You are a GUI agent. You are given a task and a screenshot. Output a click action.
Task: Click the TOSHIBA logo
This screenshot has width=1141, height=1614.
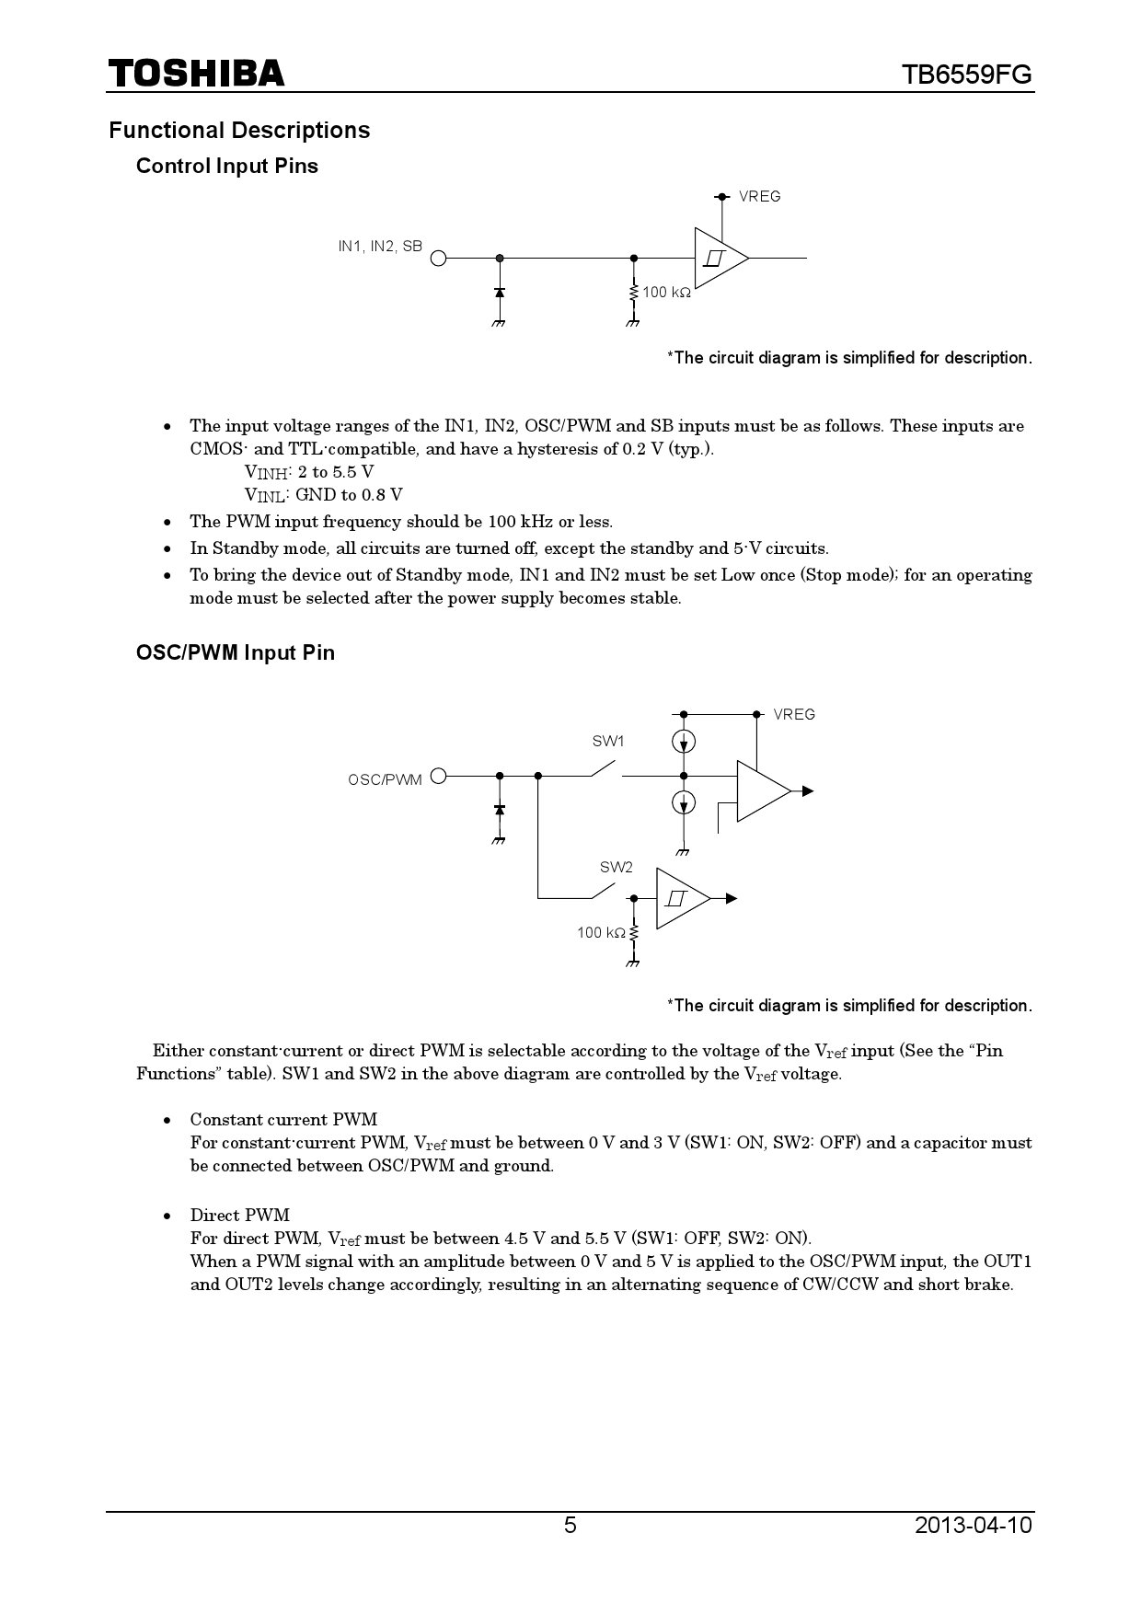pyautogui.click(x=196, y=73)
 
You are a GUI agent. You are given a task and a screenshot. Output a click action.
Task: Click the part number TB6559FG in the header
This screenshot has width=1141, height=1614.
pyautogui.click(x=967, y=75)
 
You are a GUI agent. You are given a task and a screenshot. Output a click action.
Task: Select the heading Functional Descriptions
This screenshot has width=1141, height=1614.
pyautogui.click(x=239, y=131)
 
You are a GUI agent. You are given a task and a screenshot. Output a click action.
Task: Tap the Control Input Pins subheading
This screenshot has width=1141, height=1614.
pyautogui.click(x=226, y=167)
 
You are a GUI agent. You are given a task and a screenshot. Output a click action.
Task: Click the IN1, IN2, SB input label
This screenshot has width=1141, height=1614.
pyautogui.click(x=380, y=247)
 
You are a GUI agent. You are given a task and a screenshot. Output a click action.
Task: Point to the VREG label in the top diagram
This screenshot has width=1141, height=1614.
pyautogui.click(x=759, y=197)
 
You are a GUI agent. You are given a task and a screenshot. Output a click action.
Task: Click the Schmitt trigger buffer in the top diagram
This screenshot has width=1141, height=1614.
pyautogui.click(x=720, y=259)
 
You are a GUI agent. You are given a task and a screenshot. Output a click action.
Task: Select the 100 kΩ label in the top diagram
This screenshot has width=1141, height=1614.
pyautogui.click(x=666, y=293)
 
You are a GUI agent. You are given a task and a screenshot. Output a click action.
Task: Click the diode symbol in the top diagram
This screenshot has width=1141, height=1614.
pyautogui.click(x=500, y=293)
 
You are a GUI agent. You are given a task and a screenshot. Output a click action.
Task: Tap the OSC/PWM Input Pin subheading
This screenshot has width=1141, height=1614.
pyautogui.click(x=235, y=653)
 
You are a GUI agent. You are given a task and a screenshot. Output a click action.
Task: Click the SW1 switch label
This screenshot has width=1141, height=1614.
pyautogui.click(x=607, y=742)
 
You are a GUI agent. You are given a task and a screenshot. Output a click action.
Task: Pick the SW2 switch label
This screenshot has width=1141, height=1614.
pyautogui.click(x=617, y=868)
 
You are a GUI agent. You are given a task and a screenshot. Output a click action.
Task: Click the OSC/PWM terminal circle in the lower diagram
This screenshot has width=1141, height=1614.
pyautogui.click(x=439, y=776)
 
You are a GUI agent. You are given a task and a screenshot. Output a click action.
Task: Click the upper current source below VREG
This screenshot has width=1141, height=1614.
pyautogui.click(x=684, y=741)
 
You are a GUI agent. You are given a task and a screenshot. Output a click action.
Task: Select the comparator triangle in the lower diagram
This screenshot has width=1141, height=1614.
pyautogui.click(x=761, y=791)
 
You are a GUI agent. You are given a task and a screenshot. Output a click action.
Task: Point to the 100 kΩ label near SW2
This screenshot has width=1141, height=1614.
pyautogui.click(x=601, y=933)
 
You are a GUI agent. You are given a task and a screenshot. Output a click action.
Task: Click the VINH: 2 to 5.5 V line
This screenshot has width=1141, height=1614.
pyautogui.click(x=309, y=472)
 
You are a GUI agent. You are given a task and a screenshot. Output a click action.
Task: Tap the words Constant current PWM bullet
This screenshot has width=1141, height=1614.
pyautogui.click(x=283, y=1120)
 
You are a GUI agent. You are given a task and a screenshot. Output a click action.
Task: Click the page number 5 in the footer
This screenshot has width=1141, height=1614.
pyautogui.click(x=570, y=1526)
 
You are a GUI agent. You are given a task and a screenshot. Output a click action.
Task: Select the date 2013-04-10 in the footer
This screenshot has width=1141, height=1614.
pyautogui.click(x=974, y=1526)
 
